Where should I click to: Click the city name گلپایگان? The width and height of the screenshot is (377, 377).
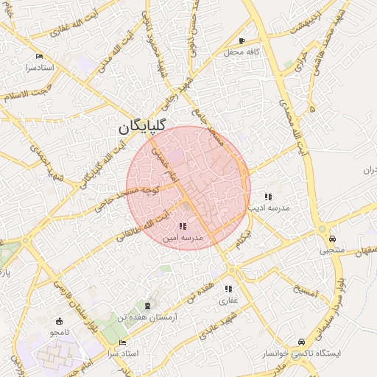point(143,127)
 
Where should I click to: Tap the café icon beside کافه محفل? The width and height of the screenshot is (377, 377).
point(242,41)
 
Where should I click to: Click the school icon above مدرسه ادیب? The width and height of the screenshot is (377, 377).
point(268,197)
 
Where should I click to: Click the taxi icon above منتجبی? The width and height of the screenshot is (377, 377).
point(332,239)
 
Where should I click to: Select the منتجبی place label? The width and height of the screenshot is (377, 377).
point(331,250)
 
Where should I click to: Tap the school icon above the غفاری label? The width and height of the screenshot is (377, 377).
point(228,289)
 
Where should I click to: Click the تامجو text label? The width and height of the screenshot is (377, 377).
point(59,333)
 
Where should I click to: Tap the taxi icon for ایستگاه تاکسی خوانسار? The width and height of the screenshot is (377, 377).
point(302,342)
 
